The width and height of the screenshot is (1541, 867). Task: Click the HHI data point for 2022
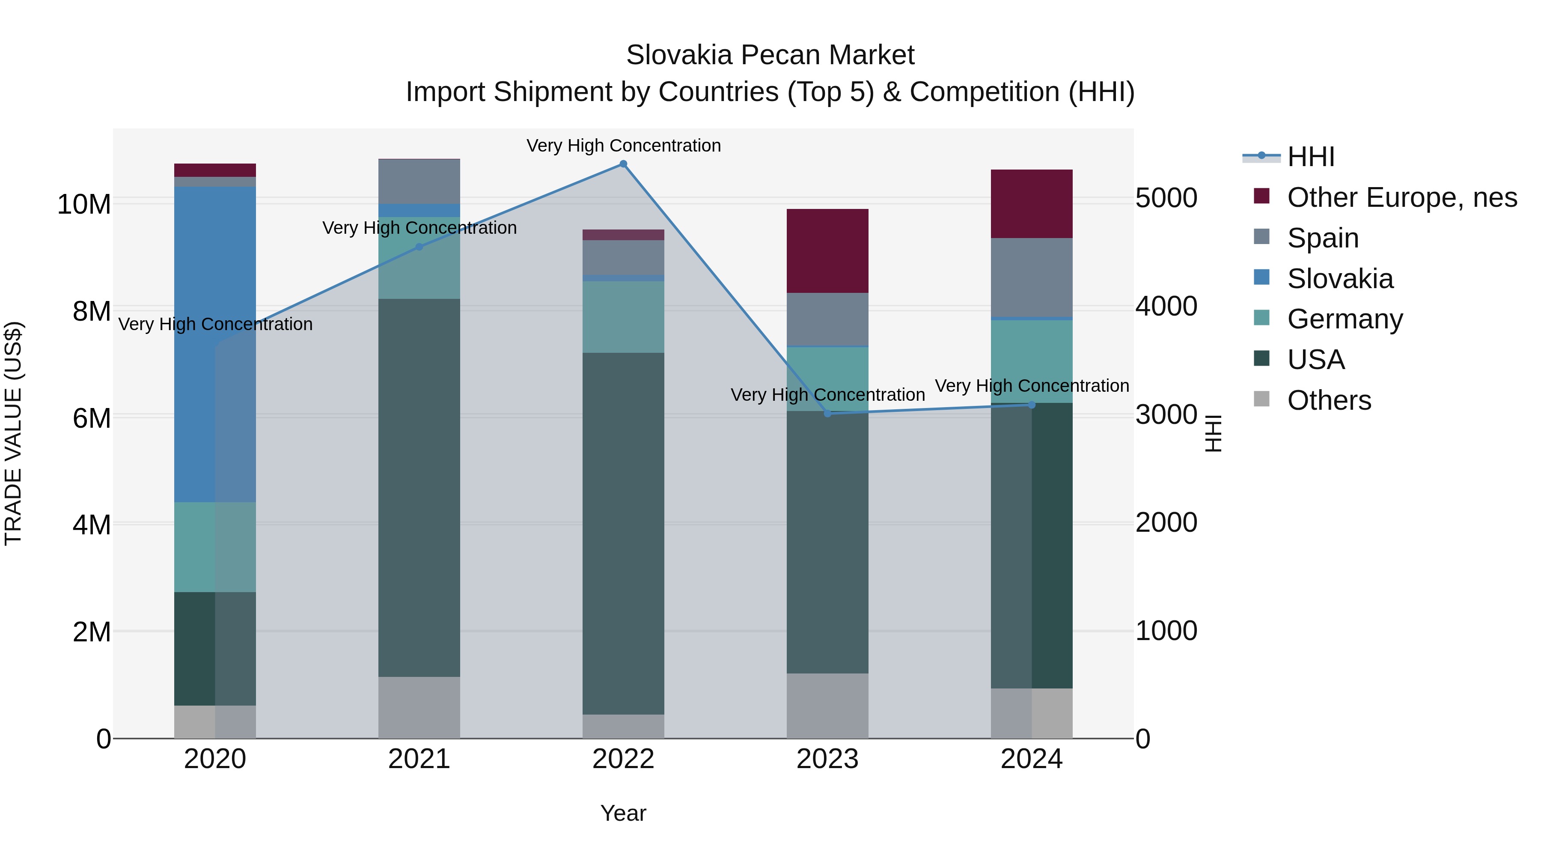point(623,164)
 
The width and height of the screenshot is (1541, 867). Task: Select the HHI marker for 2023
point(827,414)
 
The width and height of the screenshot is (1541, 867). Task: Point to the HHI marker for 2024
point(1031,405)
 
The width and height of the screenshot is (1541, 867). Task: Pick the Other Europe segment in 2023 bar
point(827,251)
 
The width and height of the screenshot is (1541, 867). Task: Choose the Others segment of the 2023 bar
point(827,706)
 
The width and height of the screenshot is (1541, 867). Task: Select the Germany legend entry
point(1344,319)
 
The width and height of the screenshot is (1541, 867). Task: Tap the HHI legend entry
point(1311,157)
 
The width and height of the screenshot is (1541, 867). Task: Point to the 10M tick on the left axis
point(84,204)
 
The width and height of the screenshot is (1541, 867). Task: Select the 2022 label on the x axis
point(623,759)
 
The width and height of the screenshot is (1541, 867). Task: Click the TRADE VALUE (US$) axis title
point(13,433)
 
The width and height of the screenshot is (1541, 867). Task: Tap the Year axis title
point(623,813)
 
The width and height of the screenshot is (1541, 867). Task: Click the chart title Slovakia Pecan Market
point(770,55)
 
